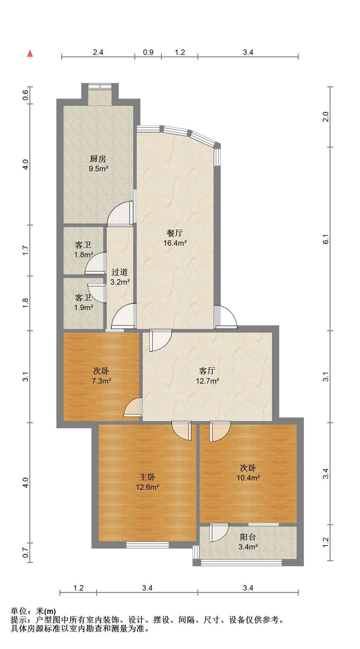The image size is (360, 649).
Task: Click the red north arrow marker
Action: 30,53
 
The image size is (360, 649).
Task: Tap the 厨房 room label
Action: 98,159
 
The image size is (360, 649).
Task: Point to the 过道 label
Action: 120,272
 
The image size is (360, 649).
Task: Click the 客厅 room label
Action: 207,371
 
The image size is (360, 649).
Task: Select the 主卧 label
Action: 147,477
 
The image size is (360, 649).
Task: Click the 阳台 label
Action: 248,537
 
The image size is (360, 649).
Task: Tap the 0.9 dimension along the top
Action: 148,52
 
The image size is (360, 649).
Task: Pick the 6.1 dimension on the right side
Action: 326,239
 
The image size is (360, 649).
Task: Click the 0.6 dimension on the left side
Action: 25,95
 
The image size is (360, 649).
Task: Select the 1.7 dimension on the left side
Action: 25,250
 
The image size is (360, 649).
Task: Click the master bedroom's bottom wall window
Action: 147,545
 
